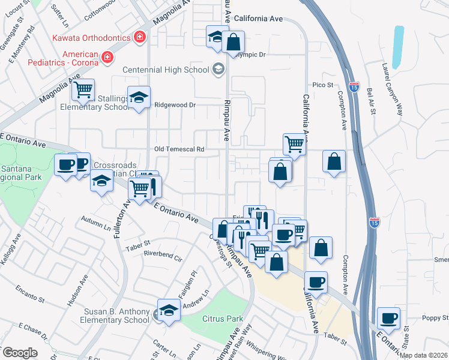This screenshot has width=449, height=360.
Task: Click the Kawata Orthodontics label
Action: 92,38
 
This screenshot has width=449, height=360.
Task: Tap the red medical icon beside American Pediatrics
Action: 107,58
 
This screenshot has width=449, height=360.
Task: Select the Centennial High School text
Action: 166,70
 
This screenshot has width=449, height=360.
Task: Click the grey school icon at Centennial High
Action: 217,69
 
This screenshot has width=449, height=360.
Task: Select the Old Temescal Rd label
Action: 179,149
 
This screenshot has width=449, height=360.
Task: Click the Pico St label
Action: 322,85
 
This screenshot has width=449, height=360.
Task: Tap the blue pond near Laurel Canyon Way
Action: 397,47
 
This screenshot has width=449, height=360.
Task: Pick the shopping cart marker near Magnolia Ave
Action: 83,91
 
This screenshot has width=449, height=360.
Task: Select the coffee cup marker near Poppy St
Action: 388,318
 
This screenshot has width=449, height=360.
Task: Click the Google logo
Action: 19,353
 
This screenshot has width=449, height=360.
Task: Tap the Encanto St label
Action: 31,293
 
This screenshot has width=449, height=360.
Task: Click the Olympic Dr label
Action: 250,55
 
